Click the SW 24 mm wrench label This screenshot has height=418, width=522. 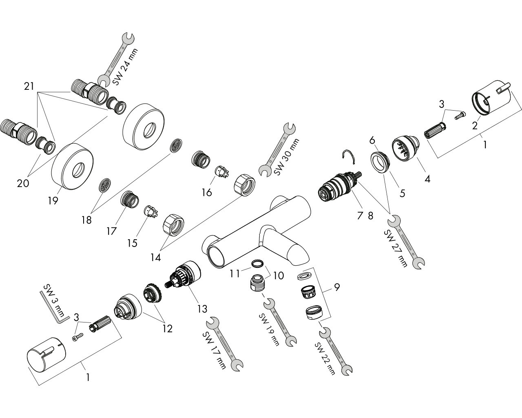coord(126,67)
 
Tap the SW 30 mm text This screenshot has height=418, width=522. coord(287,157)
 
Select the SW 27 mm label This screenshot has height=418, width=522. coord(396,248)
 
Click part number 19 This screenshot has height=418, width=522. coord(53,200)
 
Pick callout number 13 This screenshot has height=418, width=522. coord(202,308)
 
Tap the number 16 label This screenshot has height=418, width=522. coord(207,192)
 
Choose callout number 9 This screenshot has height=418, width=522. coord(336,287)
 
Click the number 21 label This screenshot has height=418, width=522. coord(29,86)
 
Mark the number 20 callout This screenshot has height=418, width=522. coord(23,183)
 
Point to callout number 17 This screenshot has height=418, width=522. coord(112,231)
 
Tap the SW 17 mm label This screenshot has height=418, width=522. coord(214,350)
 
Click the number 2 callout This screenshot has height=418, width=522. coord(475,125)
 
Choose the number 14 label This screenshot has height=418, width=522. coord(155,258)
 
